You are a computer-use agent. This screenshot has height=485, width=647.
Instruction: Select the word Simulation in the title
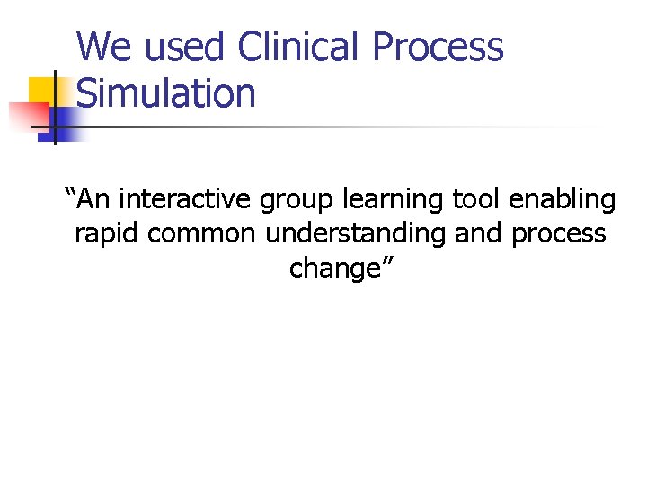pos(166,93)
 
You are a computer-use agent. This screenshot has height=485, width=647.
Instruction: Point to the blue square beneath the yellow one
pos(65,124)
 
